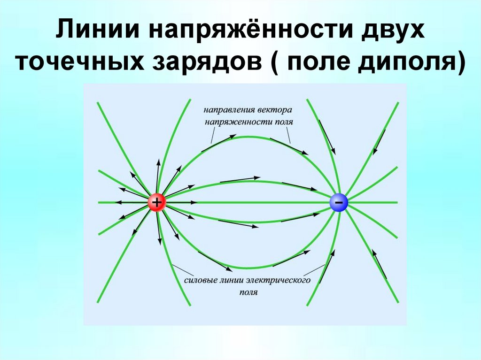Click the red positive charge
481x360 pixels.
point(156,202)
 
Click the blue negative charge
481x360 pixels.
point(338,202)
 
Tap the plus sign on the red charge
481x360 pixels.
point(156,202)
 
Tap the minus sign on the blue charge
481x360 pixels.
point(338,202)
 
